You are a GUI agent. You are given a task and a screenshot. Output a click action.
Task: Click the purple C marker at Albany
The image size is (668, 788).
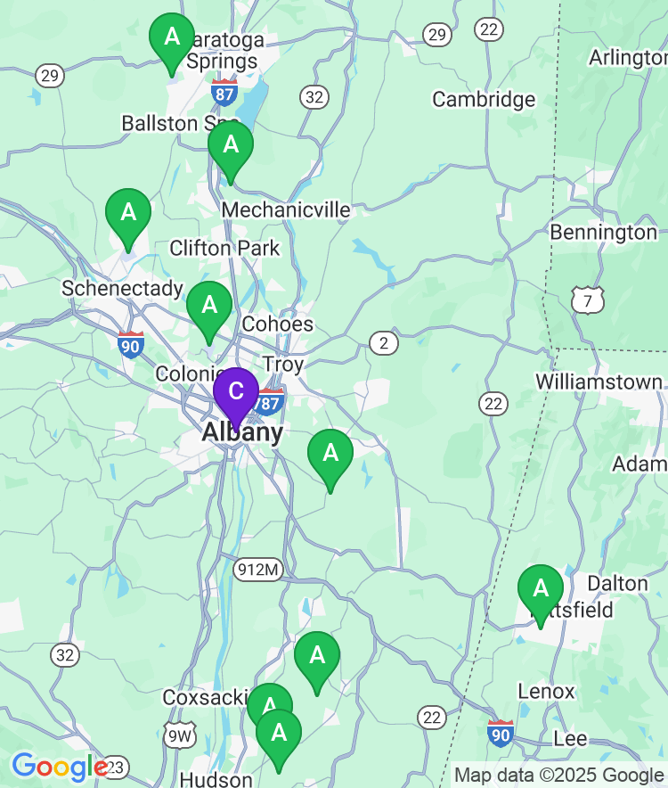point(236,393)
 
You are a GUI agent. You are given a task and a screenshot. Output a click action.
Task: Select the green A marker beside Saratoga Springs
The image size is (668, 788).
point(172,38)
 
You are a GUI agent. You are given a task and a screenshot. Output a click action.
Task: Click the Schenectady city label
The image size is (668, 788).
point(122,289)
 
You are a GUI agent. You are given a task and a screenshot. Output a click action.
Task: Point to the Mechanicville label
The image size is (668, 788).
point(286,209)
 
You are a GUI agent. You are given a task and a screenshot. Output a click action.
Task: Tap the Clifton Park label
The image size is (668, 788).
point(224,248)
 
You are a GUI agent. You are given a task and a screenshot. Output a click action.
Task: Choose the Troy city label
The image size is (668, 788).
point(283,365)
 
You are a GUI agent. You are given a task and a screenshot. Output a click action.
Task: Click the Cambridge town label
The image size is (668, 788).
point(484,99)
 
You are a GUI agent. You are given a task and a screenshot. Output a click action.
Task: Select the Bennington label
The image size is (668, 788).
point(604,233)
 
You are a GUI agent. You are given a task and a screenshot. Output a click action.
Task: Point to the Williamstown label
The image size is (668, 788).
point(599,382)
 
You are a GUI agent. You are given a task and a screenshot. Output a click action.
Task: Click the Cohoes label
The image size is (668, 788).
point(278,324)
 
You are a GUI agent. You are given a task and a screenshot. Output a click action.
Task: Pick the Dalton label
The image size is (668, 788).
point(618,584)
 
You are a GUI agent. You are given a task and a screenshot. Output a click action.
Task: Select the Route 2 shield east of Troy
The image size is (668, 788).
point(384,342)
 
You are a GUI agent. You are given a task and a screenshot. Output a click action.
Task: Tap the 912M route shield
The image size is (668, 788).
point(258,569)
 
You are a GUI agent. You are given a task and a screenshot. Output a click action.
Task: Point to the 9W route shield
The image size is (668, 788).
point(180,735)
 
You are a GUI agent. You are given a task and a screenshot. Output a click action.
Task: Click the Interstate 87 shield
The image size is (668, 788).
point(224,91)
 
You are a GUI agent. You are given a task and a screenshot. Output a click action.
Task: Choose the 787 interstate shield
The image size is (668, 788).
point(269,403)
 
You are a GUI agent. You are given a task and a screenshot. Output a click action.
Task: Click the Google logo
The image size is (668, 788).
point(59,767)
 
